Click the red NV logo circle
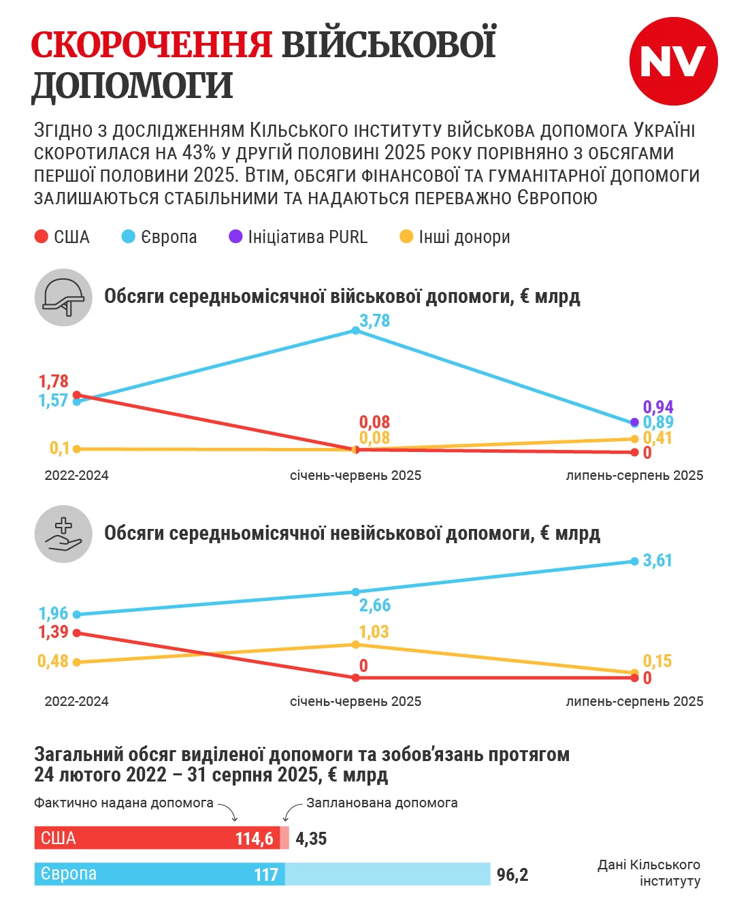point(673,61)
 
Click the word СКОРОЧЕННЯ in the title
point(151,45)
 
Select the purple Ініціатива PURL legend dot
point(235,237)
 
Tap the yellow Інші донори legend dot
point(406,237)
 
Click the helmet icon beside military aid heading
point(63,297)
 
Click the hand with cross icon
point(63,534)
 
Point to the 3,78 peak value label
point(374,321)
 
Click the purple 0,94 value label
point(658,407)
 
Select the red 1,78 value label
point(53,381)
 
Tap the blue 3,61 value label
point(657,560)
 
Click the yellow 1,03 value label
point(374,632)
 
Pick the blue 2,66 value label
point(375,605)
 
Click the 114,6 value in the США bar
point(255,839)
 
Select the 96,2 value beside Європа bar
point(512,875)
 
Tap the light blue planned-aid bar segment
point(387,874)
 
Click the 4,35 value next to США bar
point(311,839)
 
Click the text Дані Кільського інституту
point(649,873)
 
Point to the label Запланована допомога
point(382,803)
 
